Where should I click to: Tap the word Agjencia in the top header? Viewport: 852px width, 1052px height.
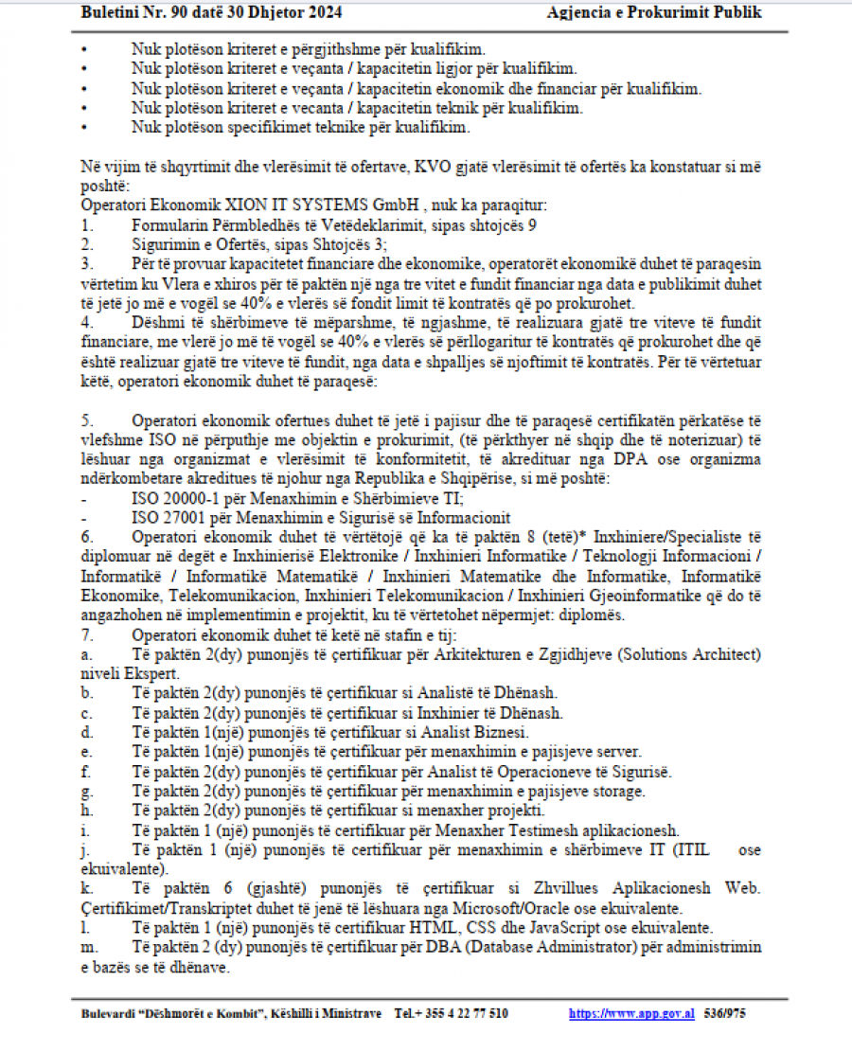(579, 12)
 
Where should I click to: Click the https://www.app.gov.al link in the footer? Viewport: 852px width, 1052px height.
(631, 1013)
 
